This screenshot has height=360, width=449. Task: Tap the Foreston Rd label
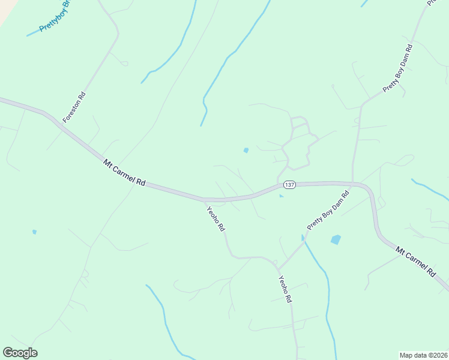click(x=74, y=107)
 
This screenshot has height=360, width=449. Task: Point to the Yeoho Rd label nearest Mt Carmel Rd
click(x=215, y=218)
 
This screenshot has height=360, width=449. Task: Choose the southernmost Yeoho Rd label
click(x=285, y=289)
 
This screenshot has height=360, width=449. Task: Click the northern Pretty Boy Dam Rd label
click(x=397, y=68)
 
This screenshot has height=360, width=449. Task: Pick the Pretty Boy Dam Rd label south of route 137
click(x=328, y=211)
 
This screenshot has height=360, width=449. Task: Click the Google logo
click(x=20, y=353)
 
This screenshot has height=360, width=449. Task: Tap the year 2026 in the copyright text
click(x=439, y=355)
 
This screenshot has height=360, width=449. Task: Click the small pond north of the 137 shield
click(x=246, y=150)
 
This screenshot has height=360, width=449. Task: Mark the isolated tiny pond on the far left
click(x=34, y=232)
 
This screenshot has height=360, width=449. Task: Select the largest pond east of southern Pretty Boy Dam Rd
click(x=336, y=240)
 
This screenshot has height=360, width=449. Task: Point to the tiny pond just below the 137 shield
click(x=281, y=196)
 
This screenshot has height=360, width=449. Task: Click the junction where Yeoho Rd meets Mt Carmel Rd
click(x=203, y=199)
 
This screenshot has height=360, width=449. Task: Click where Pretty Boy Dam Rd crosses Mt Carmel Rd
click(x=354, y=183)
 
